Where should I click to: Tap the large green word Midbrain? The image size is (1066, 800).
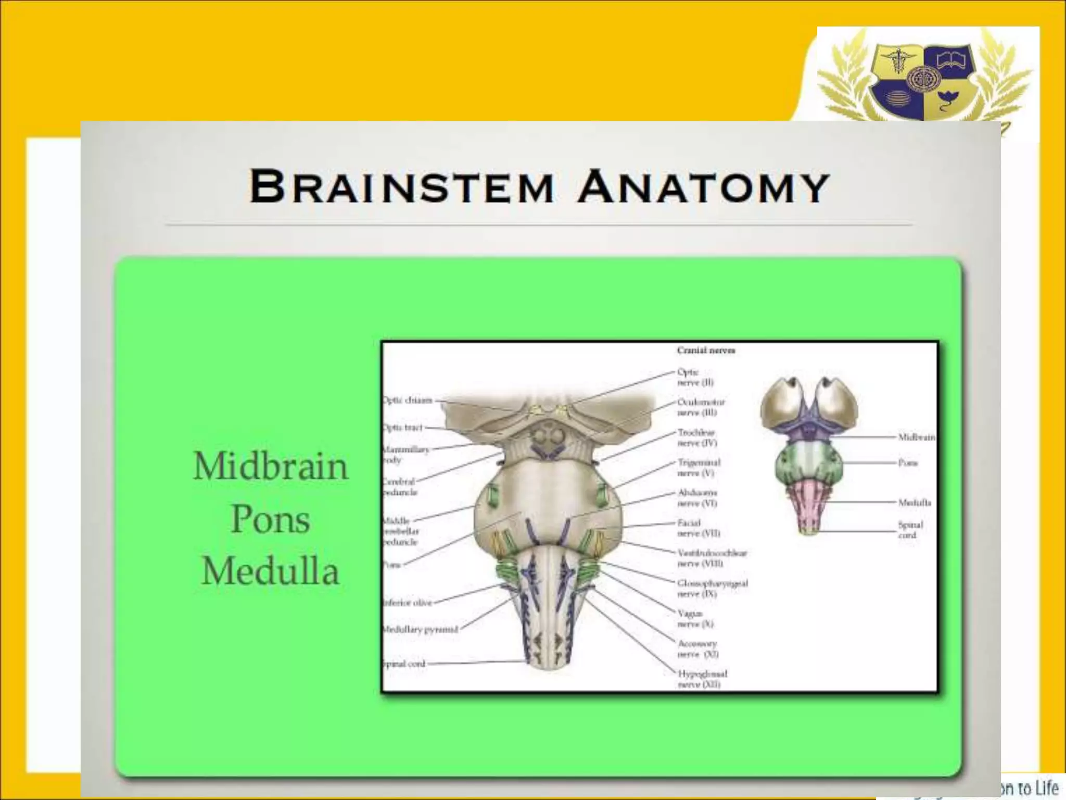tap(270, 467)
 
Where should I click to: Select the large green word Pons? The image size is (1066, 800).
tap(270, 519)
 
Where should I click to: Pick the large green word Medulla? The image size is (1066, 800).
tap(270, 571)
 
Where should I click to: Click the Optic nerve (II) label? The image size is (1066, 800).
tap(695, 377)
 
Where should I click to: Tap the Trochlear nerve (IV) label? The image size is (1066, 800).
tap(697, 438)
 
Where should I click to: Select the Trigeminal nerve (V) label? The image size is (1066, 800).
tap(699, 468)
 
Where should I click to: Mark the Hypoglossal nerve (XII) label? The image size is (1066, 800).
tap(702, 679)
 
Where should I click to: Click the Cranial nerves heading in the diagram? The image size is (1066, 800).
tap(706, 351)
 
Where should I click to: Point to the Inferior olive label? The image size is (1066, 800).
tap(408, 603)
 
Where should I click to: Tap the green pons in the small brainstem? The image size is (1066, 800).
tap(808, 462)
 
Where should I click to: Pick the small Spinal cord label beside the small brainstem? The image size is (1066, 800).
tap(910, 530)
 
